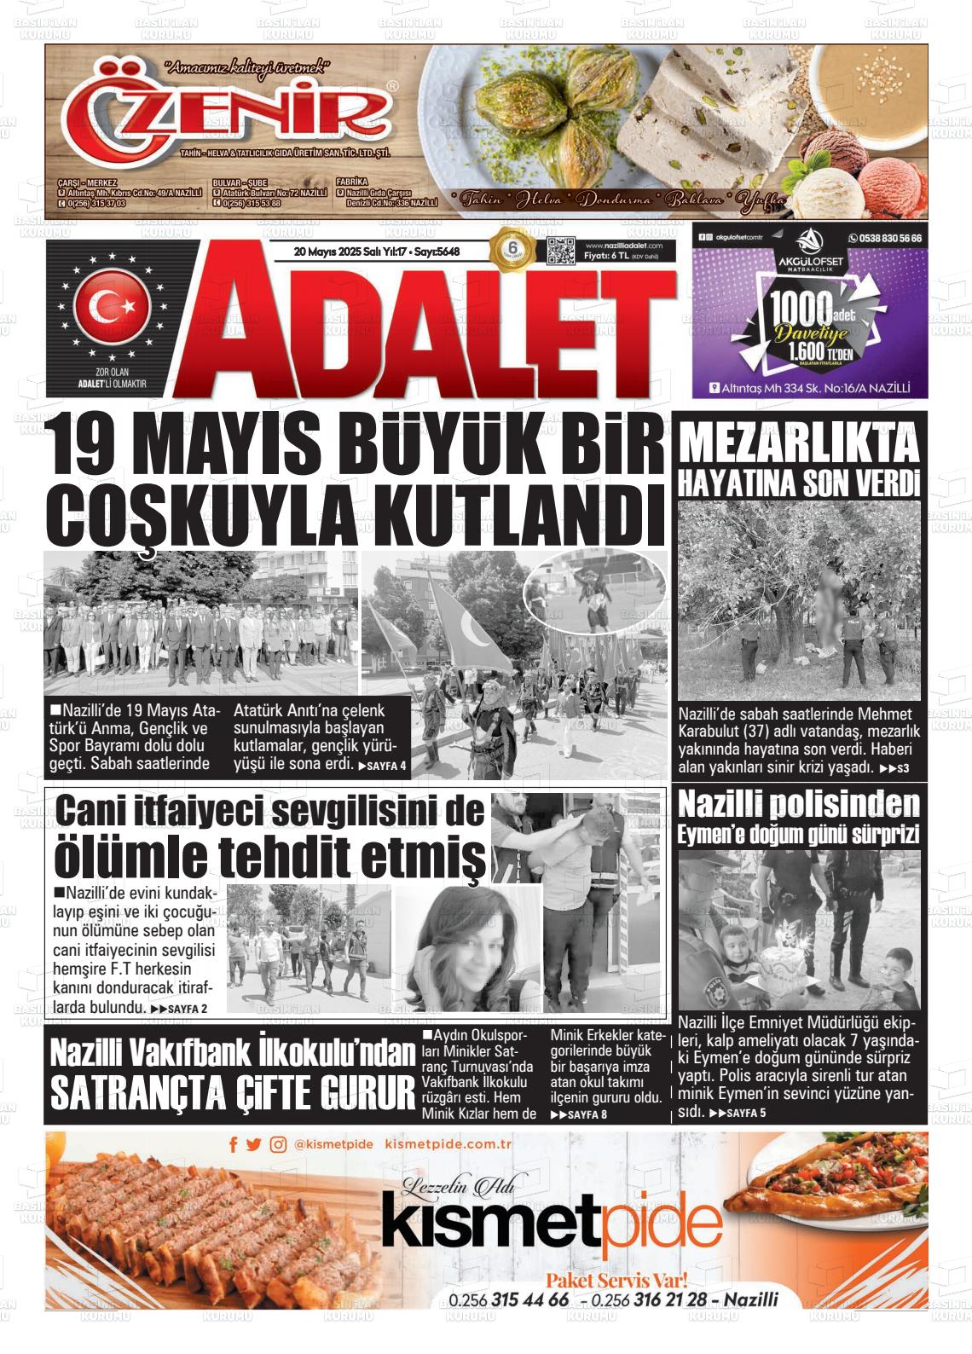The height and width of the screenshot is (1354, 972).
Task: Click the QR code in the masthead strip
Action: point(560,252)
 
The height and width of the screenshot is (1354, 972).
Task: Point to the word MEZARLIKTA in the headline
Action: point(799,445)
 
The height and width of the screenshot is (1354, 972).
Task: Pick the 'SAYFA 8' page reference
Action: point(579,1114)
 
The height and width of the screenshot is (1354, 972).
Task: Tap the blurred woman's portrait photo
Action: point(467,947)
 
